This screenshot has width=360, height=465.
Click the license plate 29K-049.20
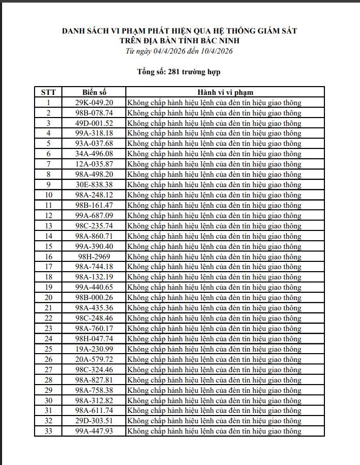(94, 103)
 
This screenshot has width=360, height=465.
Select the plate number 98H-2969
(94, 257)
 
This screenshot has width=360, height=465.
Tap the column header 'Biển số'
(94, 92)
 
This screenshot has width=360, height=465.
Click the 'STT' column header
(48, 92)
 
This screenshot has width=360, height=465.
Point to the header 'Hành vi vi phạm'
(225, 92)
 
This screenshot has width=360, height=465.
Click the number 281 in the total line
(175, 72)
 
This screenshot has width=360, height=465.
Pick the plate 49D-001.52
(94, 123)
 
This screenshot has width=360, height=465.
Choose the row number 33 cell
(48, 431)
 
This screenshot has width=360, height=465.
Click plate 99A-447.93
(94, 431)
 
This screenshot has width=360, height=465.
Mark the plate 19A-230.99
(94, 349)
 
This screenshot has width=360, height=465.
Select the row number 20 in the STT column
(48, 297)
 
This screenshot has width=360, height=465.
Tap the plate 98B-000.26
(94, 297)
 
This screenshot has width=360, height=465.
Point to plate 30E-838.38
(94, 185)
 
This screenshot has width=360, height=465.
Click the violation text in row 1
(214, 103)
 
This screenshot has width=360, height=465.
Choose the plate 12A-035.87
(94, 164)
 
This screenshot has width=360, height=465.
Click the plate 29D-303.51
(94, 421)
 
